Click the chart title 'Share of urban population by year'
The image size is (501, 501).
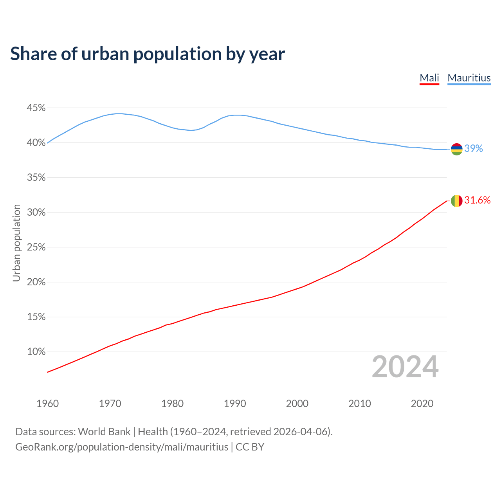[x=148, y=54]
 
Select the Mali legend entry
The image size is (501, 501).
[x=429, y=78]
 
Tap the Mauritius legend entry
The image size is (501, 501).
[x=469, y=78]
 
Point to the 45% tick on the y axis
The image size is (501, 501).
[x=36, y=108]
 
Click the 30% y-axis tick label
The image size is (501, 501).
[x=36, y=213]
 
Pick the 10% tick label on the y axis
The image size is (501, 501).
[x=36, y=352]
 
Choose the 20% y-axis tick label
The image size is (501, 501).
[x=36, y=282]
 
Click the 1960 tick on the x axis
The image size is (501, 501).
[x=47, y=404]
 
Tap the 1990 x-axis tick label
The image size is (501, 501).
[x=235, y=404]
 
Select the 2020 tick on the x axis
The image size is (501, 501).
[x=422, y=404]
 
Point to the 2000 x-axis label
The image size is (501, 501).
[x=297, y=404]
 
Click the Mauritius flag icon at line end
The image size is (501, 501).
[x=456, y=149]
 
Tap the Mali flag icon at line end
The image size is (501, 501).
[x=456, y=201]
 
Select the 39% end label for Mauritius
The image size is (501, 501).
[x=474, y=149]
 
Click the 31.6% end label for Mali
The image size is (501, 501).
[x=477, y=200]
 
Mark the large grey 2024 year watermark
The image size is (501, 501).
[x=405, y=367]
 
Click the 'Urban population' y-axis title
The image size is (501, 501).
[x=16, y=243]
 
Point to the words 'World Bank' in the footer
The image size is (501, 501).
[x=104, y=432]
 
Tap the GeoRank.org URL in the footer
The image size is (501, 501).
[x=122, y=447]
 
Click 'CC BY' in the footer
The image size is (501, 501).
[x=250, y=447]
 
